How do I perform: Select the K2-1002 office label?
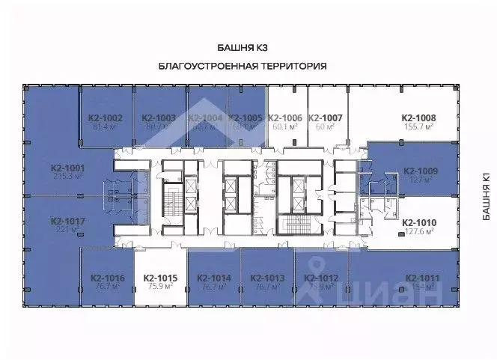click(106, 118)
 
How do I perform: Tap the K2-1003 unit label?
click(159, 118)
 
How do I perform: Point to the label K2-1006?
click(284, 118)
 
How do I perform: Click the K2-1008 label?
click(418, 118)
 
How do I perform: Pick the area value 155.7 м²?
click(418, 127)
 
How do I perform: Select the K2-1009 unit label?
click(420, 171)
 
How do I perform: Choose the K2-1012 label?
click(322, 278)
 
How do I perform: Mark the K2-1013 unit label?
click(267, 278)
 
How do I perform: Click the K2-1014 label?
click(214, 278)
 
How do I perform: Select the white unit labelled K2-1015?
click(159, 278)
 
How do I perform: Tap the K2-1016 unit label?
click(107, 278)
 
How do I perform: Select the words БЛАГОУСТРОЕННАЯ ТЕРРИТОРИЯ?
click(243, 66)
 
